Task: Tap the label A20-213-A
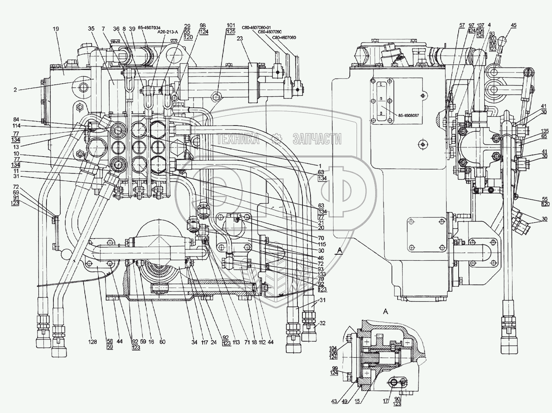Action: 168,31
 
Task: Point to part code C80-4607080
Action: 284,37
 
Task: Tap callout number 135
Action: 544,131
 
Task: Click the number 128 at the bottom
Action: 93,342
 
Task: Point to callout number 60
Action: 162,342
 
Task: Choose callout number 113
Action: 236,342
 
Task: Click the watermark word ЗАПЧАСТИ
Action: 317,139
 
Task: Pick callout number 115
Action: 321,244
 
